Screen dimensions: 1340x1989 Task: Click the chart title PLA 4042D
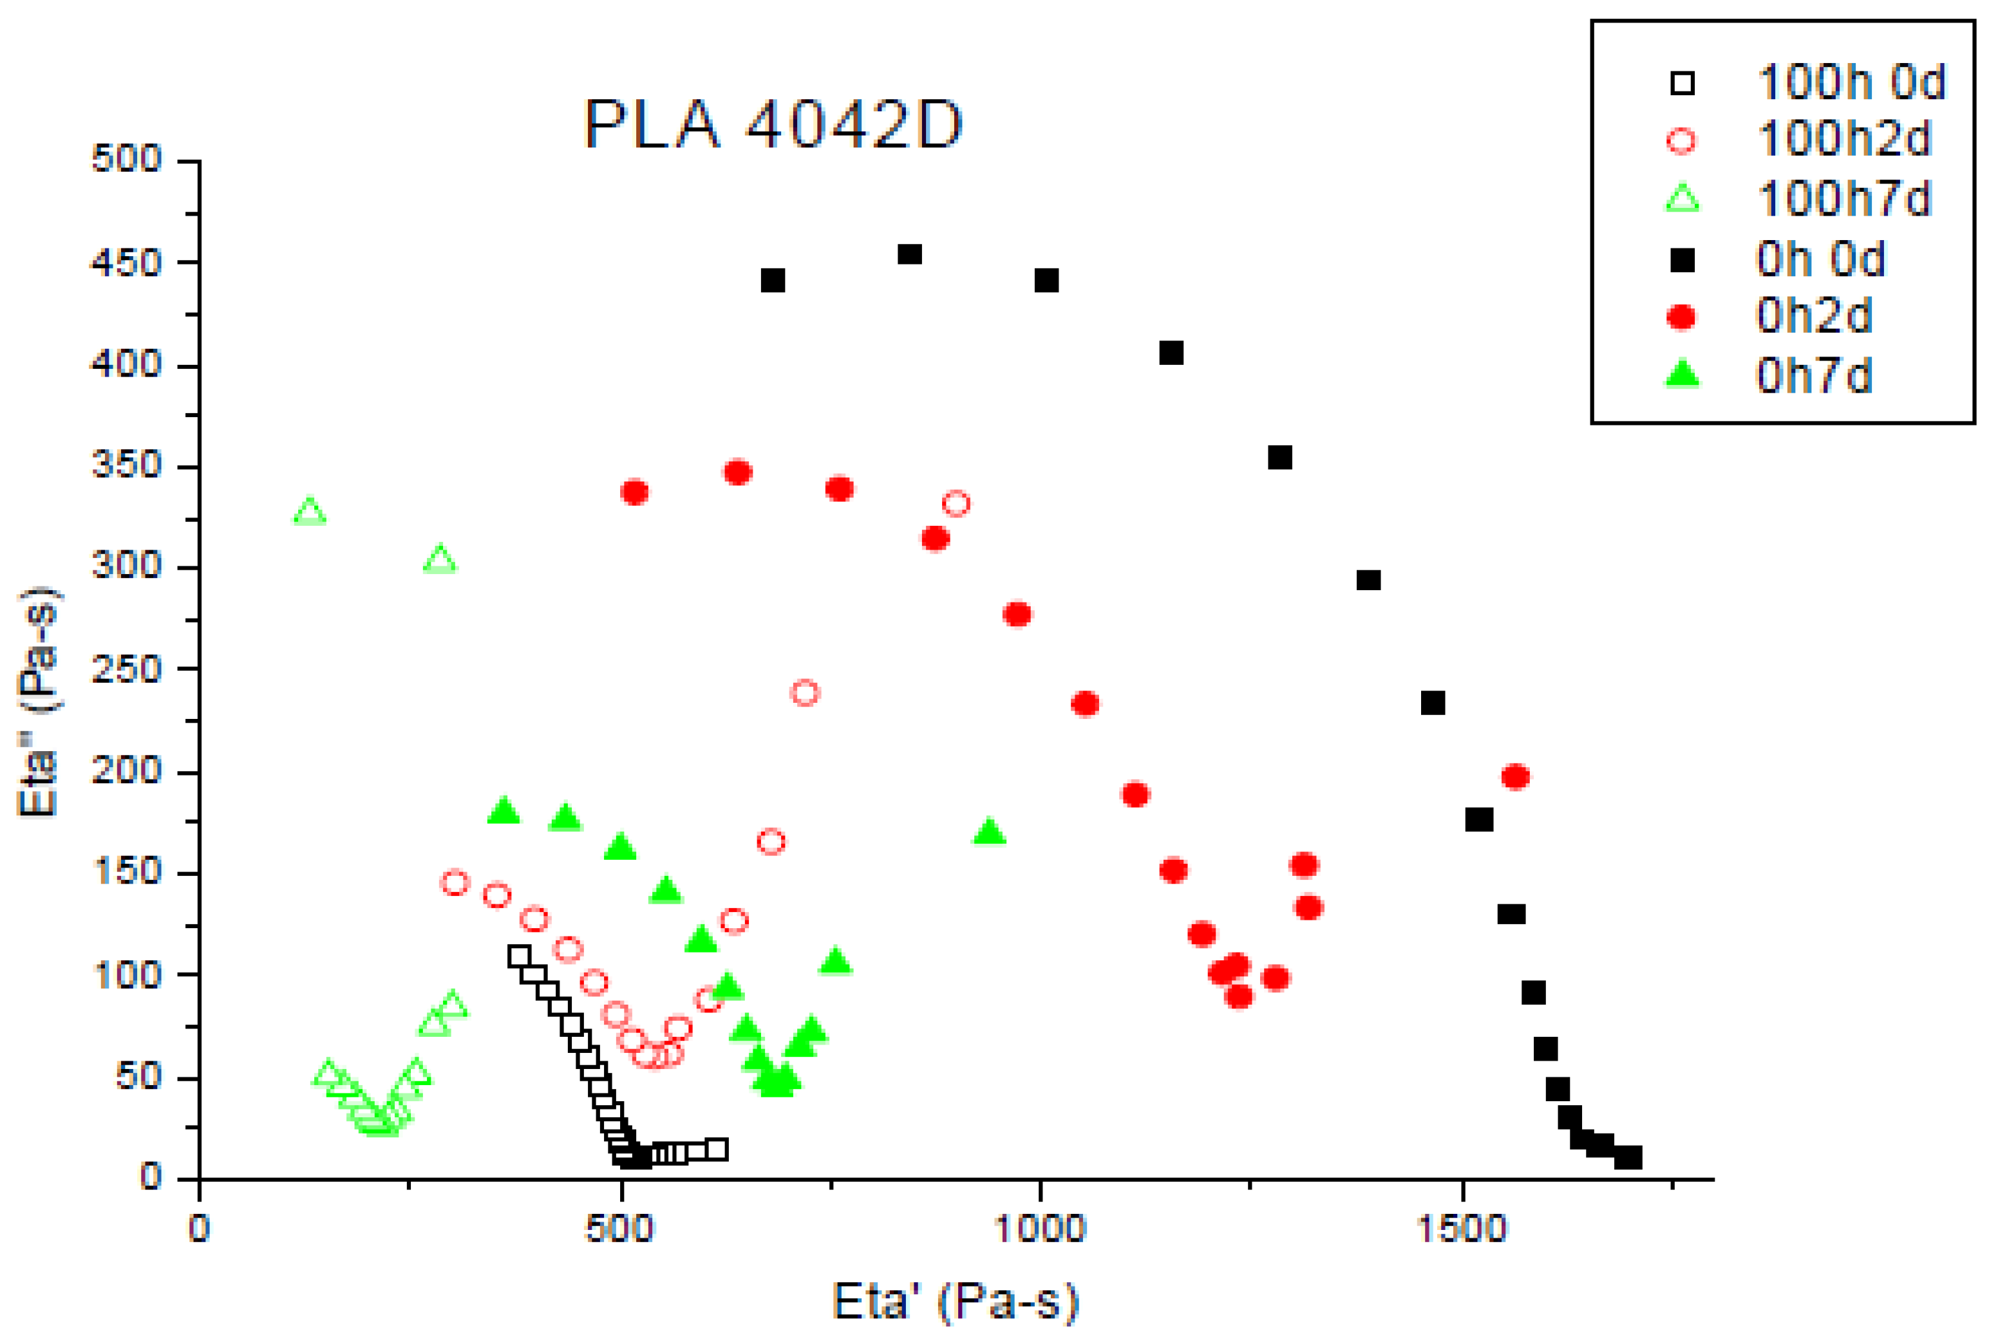pos(773,125)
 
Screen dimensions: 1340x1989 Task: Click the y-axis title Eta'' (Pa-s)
pos(39,701)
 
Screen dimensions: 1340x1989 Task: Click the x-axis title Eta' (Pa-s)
pos(955,1301)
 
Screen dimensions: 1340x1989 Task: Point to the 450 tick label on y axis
pos(126,263)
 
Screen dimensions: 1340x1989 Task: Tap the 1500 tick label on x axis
pos(1462,1229)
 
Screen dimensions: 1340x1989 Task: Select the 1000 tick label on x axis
pos(1039,1229)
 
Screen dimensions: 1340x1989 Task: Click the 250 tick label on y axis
pos(126,669)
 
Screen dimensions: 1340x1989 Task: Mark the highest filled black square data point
pos(909,254)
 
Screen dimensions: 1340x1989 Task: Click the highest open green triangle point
pos(310,512)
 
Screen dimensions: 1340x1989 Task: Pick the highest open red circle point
pos(956,503)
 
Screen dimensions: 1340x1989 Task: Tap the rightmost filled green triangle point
pos(989,832)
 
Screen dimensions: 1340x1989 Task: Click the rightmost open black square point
pos(716,1149)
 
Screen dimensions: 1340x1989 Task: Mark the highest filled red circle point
pos(738,472)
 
